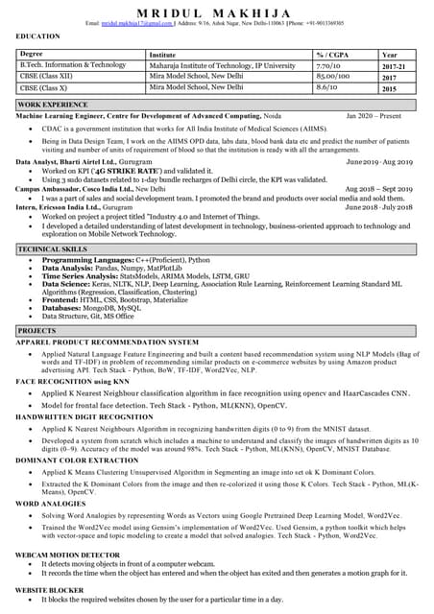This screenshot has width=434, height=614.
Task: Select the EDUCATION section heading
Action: click(x=38, y=36)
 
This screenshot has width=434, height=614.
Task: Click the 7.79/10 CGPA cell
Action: click(x=328, y=65)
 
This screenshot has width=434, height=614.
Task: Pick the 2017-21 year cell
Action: click(x=394, y=66)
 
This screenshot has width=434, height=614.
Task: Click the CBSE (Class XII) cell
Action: click(x=47, y=77)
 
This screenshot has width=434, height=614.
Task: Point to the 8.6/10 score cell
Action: click(x=327, y=87)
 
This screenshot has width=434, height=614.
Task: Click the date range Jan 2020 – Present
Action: click(x=374, y=114)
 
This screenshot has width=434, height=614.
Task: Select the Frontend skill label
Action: click(x=62, y=299)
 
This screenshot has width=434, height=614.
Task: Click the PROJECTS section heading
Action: click(x=36, y=330)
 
